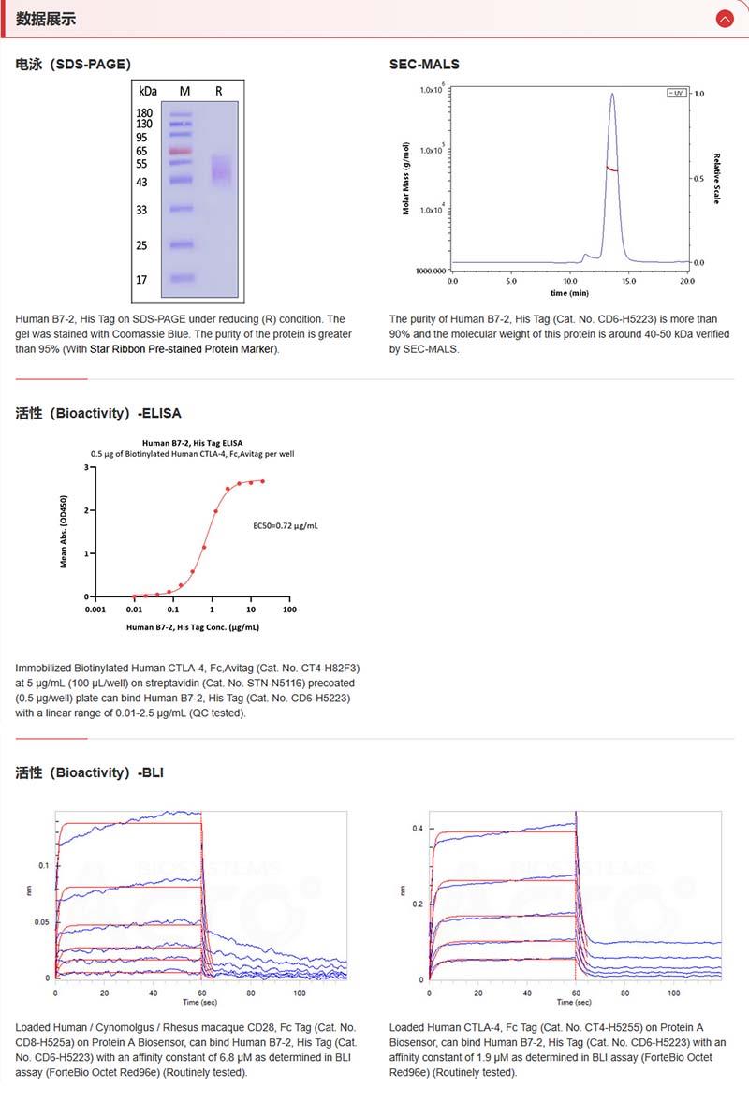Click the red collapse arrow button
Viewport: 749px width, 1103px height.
[x=724, y=19]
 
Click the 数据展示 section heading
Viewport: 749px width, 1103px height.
[x=46, y=19]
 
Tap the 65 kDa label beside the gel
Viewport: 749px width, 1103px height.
[x=141, y=151]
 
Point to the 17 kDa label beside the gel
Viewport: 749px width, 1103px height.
[x=141, y=279]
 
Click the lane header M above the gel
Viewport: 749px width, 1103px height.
[x=184, y=91]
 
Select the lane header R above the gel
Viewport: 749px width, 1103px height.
[x=218, y=91]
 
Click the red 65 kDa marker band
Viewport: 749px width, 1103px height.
[x=181, y=151]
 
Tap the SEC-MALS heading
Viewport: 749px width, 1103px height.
[x=424, y=64]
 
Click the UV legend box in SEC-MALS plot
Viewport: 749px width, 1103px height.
[x=676, y=93]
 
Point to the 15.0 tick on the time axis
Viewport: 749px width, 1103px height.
[x=628, y=280]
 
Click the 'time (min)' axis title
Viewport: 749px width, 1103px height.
[x=569, y=292]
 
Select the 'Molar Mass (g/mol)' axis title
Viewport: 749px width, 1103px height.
[x=406, y=179]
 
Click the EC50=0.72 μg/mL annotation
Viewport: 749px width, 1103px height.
[x=286, y=526]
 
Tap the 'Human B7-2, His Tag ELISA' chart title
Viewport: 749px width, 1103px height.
[x=191, y=442]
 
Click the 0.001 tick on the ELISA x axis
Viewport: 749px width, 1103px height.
[x=95, y=610]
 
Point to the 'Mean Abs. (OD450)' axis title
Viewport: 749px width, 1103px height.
[x=64, y=532]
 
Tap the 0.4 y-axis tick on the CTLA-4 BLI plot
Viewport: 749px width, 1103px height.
[x=419, y=829]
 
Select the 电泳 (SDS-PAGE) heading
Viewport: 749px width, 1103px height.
[x=73, y=64]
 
